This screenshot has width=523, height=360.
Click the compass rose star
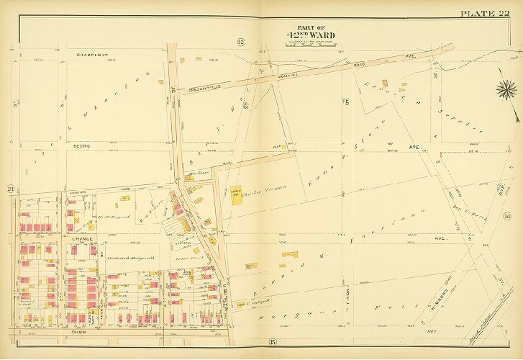(504, 91)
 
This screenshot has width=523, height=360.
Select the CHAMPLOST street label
(91, 54)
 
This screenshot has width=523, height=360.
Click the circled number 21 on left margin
(12, 189)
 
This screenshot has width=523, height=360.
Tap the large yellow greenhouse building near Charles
(236, 195)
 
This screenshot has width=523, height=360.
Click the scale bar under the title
(310, 45)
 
